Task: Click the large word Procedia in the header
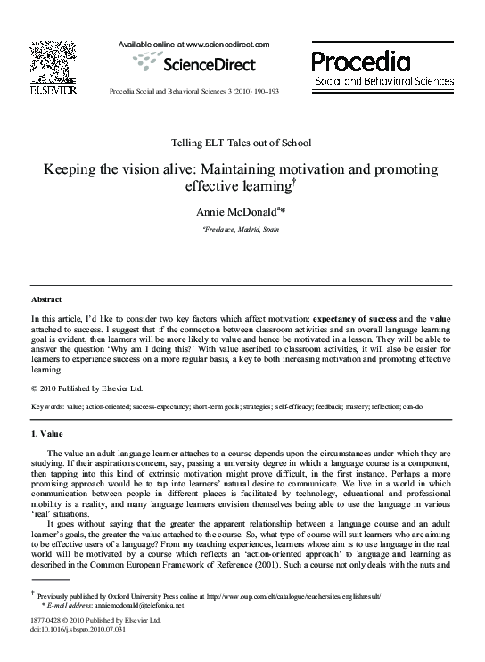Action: [360, 61]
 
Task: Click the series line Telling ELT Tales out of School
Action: [242, 143]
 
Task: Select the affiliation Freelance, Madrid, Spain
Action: [242, 230]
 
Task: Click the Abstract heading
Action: [46, 300]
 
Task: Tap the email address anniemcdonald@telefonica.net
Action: [138, 605]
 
